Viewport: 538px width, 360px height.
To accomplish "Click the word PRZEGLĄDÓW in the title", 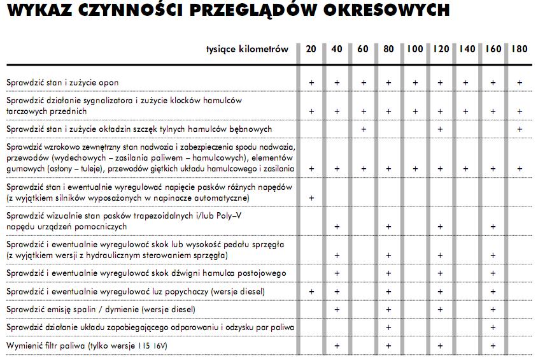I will point(242,10).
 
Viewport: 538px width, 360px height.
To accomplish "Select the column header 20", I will point(311,49).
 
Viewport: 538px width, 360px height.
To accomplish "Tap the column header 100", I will point(414,49).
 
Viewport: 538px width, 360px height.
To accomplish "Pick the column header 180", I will point(519,49).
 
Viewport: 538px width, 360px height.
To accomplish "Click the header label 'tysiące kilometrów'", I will point(247,49).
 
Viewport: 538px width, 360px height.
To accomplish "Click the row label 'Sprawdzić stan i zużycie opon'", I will point(62,83).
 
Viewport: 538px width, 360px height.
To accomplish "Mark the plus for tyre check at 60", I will point(363,83).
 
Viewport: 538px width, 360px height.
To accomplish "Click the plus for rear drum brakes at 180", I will point(520,129).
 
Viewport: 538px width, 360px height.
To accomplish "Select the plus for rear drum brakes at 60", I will point(363,129).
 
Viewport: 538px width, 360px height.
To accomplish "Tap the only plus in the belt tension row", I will point(311,198).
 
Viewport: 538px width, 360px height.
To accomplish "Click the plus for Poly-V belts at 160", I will point(492,226).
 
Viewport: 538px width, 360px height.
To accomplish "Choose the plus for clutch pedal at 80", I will point(388,255).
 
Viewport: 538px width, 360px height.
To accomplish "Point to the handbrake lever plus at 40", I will point(337,273).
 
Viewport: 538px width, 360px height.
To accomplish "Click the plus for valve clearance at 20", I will point(311,291).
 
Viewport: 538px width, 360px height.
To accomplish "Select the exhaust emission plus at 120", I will point(440,310).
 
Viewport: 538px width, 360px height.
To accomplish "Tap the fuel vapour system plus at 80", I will point(388,328).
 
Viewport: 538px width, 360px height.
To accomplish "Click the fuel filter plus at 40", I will point(337,345).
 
